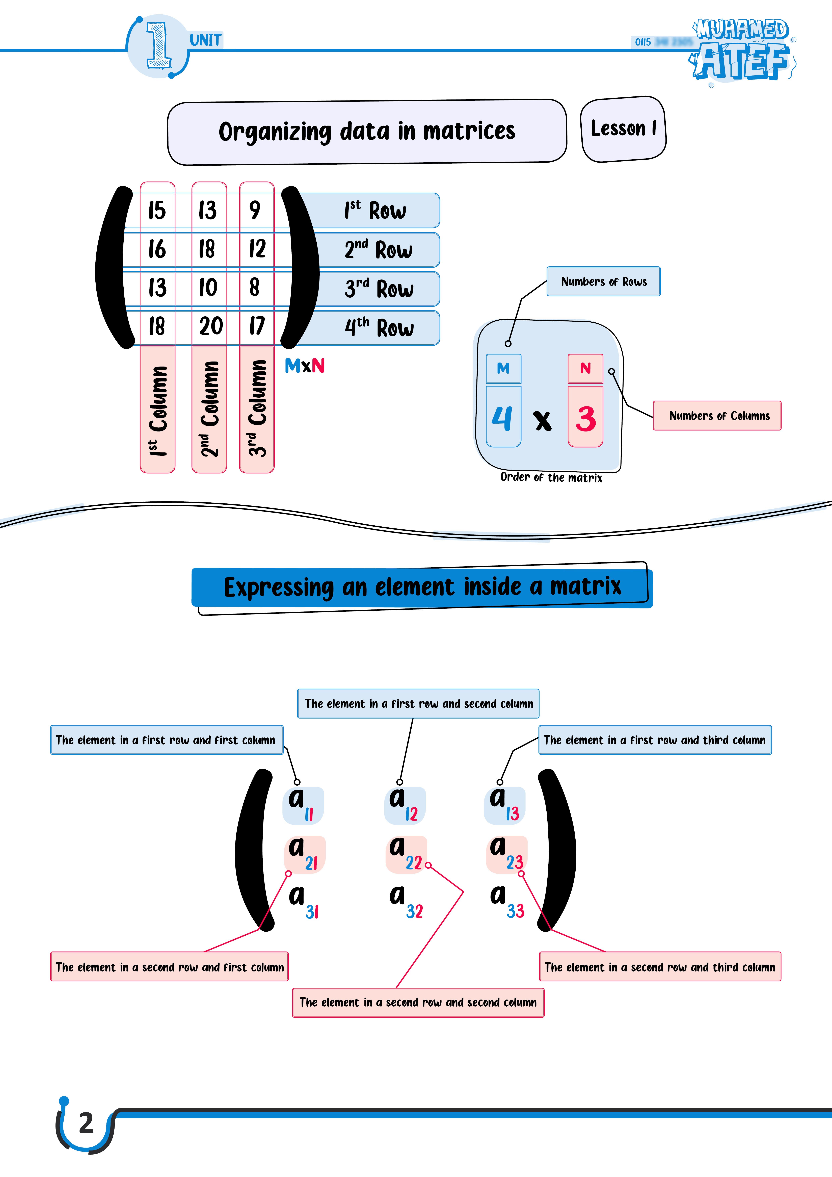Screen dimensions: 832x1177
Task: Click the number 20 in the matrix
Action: coord(211,326)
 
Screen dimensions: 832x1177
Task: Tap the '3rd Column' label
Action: coord(257,408)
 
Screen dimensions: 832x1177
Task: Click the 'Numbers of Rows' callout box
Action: coord(603,282)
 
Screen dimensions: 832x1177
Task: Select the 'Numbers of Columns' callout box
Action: coord(717,416)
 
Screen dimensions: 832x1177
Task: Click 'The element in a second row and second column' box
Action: coord(418,1003)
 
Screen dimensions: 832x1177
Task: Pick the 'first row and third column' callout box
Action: coord(655,740)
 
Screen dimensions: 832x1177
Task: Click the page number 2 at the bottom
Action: coord(86,1123)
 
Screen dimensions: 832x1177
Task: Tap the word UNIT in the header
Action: coord(205,40)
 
